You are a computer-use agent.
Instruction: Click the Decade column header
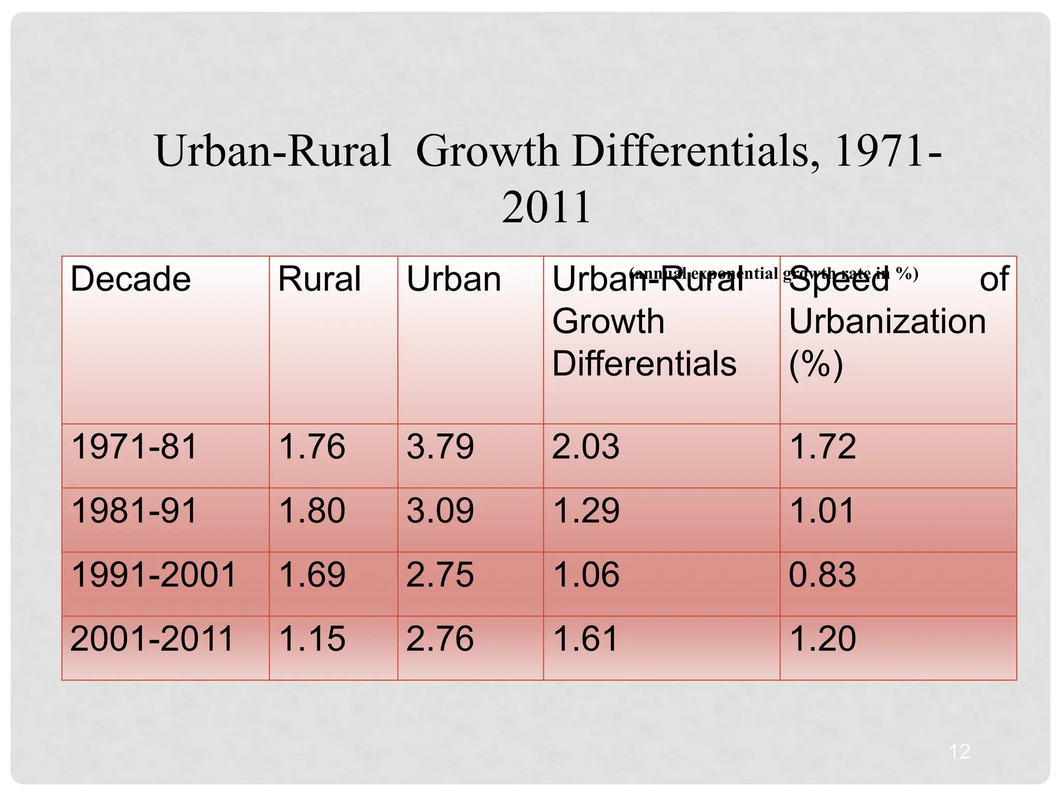pos(131,279)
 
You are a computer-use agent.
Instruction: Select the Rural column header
pos(319,279)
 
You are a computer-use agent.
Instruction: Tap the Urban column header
pos(454,279)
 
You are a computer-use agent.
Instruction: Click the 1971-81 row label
pos(134,447)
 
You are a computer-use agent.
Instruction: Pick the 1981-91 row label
pos(134,511)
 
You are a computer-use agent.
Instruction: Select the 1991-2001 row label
pos(153,575)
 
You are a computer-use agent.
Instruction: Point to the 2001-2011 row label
pos(152,639)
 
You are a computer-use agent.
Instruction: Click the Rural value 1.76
pos(312,447)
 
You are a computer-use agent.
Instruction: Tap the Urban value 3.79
pos(440,447)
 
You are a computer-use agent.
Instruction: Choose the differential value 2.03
pos(585,447)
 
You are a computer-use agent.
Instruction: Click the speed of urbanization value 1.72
pos(822,447)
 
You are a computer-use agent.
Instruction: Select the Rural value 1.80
pos(312,511)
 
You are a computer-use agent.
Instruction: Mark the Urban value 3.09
pos(440,511)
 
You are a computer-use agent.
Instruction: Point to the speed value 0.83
pos(822,575)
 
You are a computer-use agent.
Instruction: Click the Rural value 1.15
pos(312,639)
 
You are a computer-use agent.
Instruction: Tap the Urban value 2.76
pos(440,639)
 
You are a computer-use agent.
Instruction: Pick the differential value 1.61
pos(585,639)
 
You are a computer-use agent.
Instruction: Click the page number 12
pos(959,752)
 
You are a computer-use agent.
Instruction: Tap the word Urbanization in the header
pos(887,322)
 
